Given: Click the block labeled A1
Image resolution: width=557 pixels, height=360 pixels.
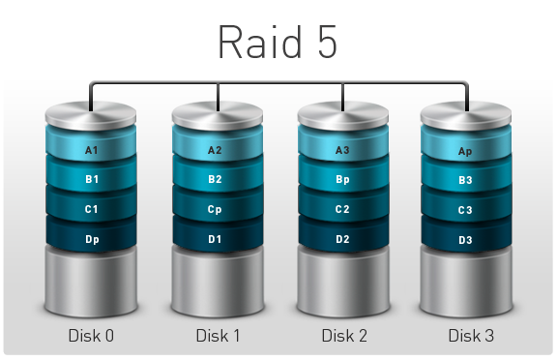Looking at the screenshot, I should [92, 150].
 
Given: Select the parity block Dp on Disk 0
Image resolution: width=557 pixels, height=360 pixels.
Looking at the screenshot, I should [92, 238].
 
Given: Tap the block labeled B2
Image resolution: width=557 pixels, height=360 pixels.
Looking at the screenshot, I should [215, 179].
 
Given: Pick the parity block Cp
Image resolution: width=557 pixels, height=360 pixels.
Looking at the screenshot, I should [215, 209].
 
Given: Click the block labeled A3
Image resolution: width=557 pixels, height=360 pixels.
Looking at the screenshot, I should [342, 150].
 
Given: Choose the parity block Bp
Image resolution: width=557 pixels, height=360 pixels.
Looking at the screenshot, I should [342, 179].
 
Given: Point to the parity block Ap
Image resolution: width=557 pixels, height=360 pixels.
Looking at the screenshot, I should [465, 151].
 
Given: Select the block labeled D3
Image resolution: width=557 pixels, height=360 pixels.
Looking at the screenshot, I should [465, 239].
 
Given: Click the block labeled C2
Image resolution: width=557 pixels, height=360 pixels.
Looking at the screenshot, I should [342, 209].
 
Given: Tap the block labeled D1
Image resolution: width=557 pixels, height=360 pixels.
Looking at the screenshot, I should [215, 238].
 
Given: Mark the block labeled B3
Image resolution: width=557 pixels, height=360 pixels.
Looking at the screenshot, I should [465, 180].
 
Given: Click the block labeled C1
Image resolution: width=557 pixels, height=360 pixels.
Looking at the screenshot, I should [92, 209].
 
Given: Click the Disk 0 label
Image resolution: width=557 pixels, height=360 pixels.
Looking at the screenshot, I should [92, 336].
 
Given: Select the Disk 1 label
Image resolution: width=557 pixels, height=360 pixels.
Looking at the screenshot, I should [217, 336].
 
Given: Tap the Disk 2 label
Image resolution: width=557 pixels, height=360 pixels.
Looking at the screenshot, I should [344, 336].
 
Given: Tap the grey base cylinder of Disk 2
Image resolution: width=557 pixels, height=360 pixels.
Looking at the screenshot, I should [343, 285].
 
